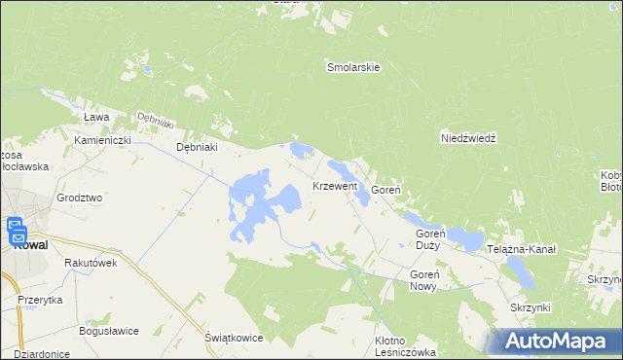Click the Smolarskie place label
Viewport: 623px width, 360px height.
pyautogui.click(x=352, y=68)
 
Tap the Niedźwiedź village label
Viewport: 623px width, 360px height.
pyautogui.click(x=468, y=138)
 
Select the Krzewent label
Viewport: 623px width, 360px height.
pyautogui.click(x=335, y=185)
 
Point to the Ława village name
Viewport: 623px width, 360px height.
pyautogui.click(x=95, y=117)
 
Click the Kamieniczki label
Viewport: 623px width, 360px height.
pyautogui.click(x=102, y=140)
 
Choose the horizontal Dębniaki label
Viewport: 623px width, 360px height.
pyautogui.click(x=196, y=147)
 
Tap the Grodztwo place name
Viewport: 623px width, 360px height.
pyautogui.click(x=80, y=198)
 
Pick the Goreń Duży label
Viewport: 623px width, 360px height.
pyautogui.click(x=428, y=239)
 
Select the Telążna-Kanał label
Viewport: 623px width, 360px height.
pyautogui.click(x=523, y=250)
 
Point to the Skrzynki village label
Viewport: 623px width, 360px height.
pyautogui.click(x=531, y=307)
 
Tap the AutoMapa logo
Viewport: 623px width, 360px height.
pyautogui.click(x=559, y=340)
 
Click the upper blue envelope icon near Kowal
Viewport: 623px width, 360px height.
pyautogui.click(x=18, y=225)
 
